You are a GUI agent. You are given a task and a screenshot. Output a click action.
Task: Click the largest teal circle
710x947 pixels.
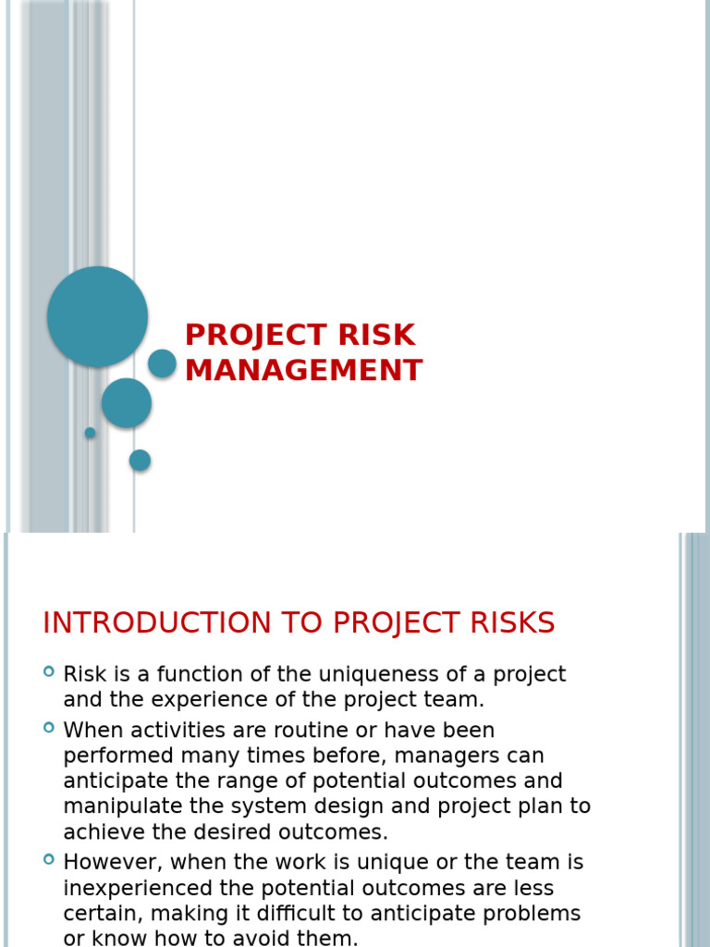click(97, 316)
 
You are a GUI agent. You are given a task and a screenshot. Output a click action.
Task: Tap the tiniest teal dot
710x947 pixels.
click(90, 433)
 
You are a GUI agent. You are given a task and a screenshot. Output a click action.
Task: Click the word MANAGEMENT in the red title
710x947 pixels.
click(303, 370)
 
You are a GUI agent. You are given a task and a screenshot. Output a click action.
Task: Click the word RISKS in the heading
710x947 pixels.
click(511, 623)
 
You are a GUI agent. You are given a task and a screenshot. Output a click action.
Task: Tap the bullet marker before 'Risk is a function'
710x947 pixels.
click(49, 671)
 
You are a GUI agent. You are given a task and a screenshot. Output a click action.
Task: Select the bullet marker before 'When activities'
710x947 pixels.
click(49, 728)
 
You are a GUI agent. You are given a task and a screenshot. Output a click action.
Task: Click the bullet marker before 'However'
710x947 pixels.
click(49, 860)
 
